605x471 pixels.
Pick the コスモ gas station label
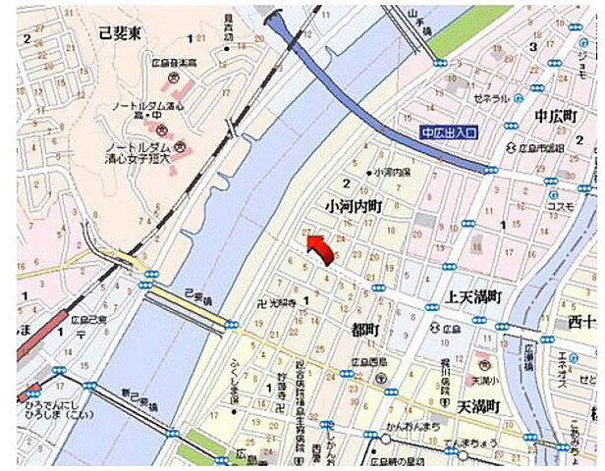click(x=562, y=206)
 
